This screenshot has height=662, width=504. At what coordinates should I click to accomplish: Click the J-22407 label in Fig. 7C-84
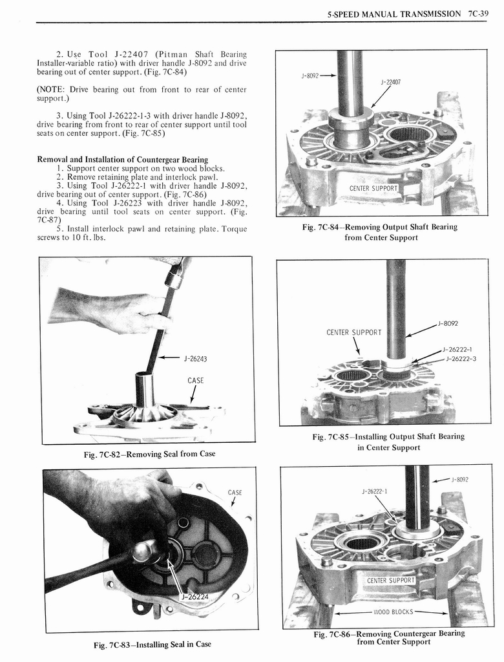point(390,82)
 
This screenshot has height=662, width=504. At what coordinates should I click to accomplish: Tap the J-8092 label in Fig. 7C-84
point(311,76)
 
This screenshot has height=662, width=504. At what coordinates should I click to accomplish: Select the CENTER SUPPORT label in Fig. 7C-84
point(373,188)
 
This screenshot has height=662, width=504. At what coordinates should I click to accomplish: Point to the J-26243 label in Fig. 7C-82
point(195,358)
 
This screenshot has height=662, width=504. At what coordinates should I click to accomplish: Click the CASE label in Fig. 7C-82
point(196,380)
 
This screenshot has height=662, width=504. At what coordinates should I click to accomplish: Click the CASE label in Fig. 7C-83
point(235,493)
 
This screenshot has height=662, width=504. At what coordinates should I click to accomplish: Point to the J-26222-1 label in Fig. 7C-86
point(374,492)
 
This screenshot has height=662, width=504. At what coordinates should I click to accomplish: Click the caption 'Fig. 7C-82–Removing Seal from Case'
point(149,454)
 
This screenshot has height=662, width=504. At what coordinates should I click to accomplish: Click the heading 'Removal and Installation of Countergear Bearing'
point(123,159)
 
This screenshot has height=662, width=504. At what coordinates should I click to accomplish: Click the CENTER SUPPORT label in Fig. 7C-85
point(354,333)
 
